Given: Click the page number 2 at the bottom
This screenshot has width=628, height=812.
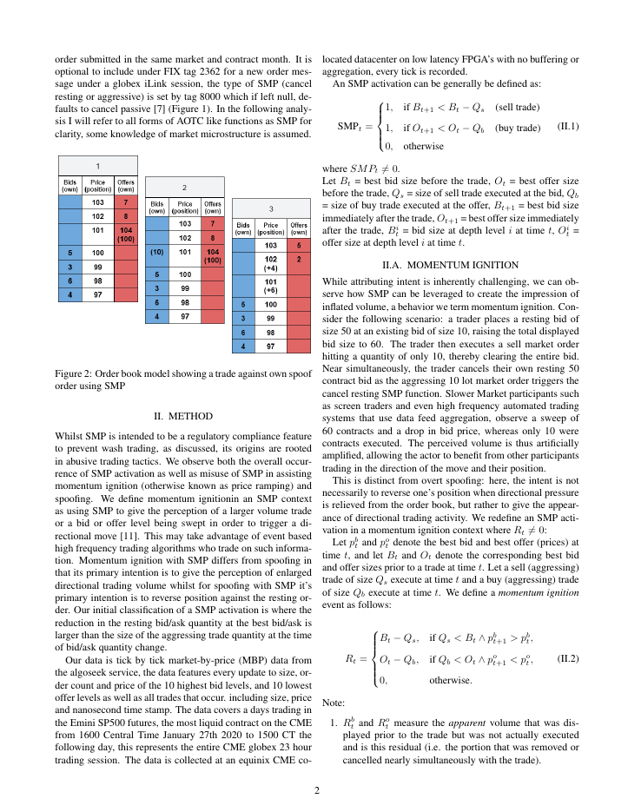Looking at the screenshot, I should click(317, 790).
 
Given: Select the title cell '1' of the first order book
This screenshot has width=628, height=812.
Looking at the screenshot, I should click(97, 164).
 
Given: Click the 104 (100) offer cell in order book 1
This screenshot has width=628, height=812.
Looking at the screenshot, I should click(126, 233).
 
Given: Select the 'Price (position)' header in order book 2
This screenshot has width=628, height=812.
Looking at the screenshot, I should click(184, 207).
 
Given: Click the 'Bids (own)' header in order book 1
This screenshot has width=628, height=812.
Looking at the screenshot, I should click(70, 185).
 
